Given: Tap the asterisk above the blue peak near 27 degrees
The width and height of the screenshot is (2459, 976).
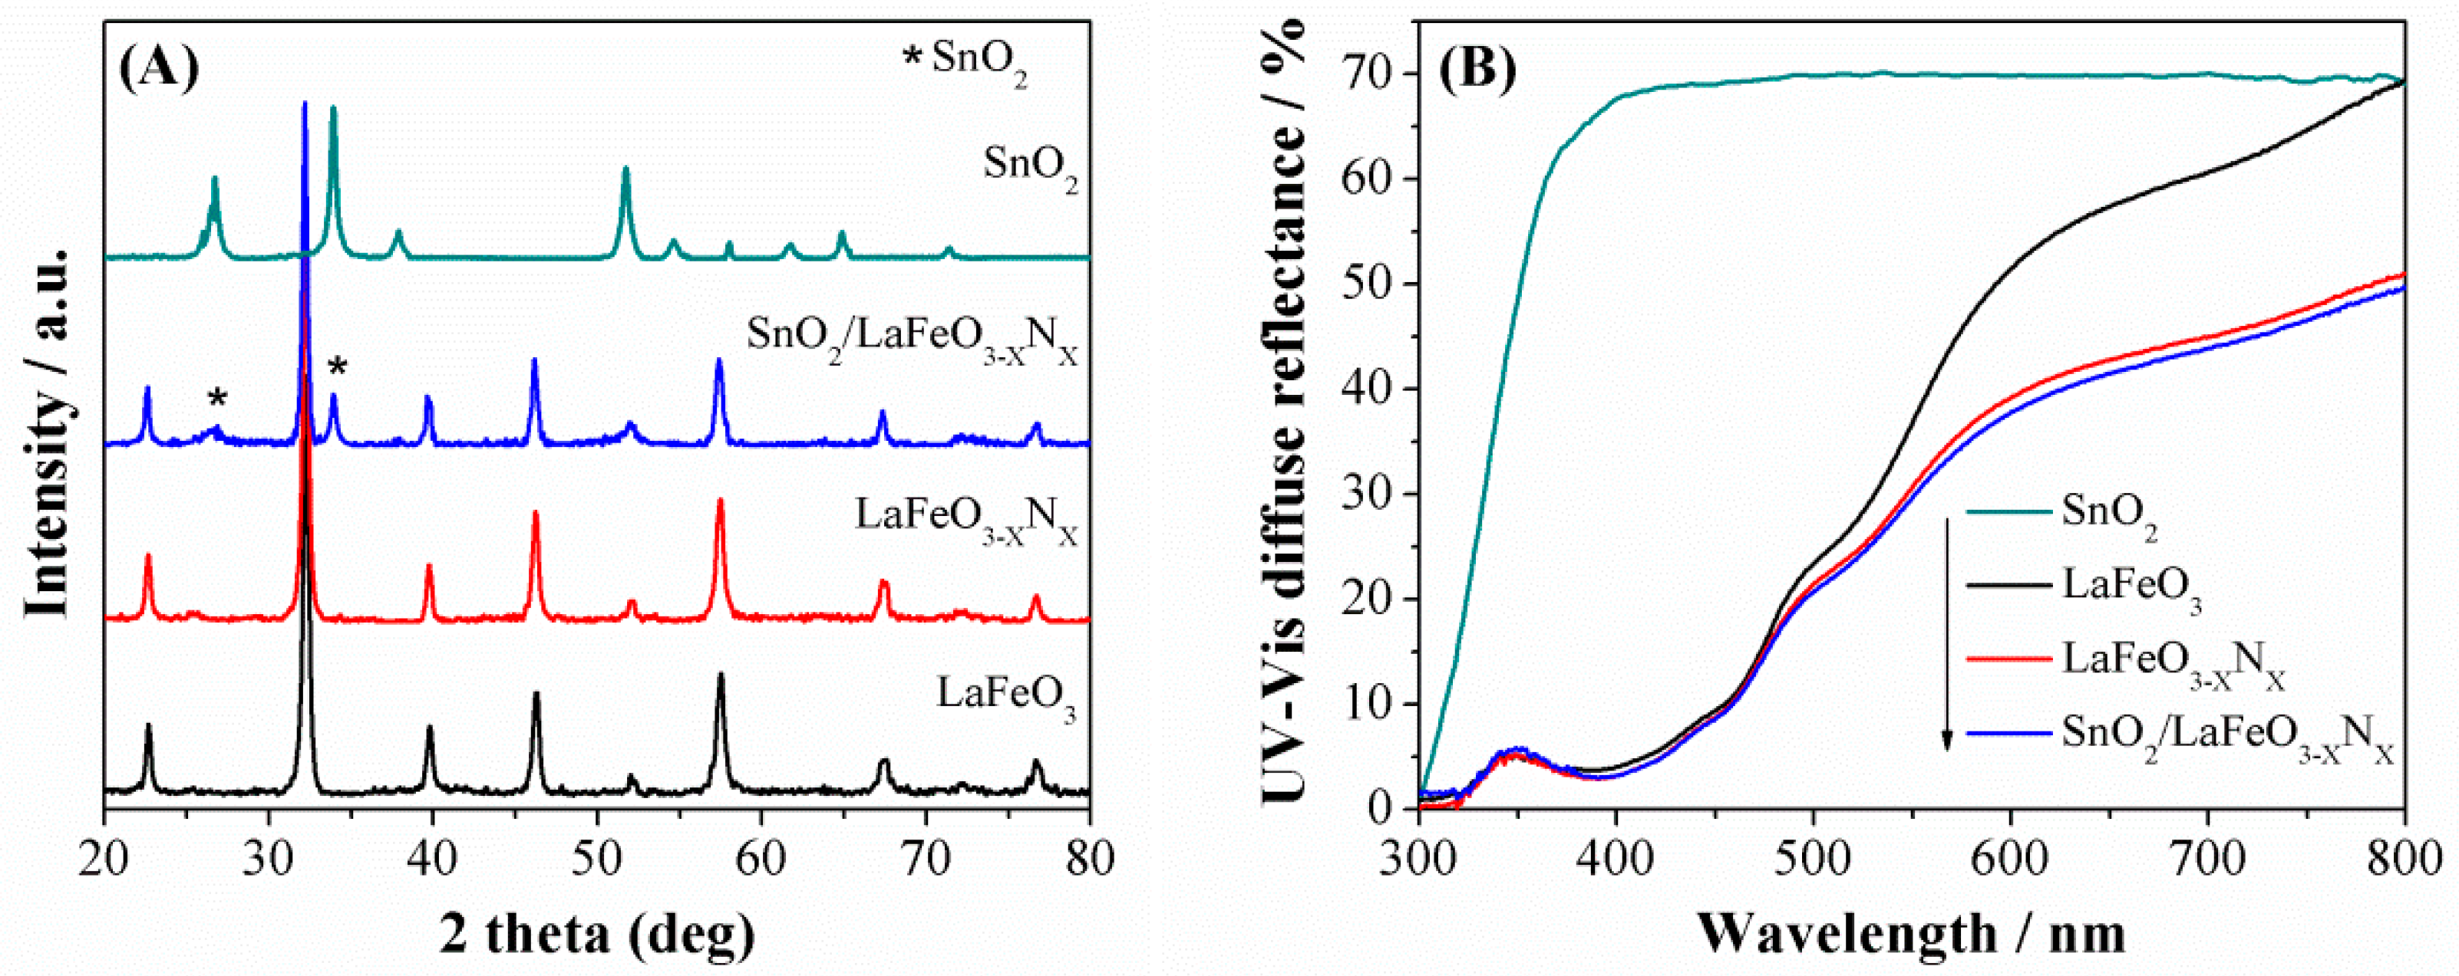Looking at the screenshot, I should point(218,399).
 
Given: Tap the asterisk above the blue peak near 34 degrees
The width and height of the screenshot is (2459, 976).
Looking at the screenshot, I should point(337,367).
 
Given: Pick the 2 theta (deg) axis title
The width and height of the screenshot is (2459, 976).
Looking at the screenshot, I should point(596,933).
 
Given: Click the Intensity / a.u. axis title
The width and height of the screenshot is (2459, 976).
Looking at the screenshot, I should point(48,434).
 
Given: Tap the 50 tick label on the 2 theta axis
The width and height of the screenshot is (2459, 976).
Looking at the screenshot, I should point(596,859).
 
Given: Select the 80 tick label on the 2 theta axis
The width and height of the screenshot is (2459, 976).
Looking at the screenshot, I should point(1089,859).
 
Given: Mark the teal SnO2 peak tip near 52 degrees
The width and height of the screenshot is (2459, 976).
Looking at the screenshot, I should point(626,168).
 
